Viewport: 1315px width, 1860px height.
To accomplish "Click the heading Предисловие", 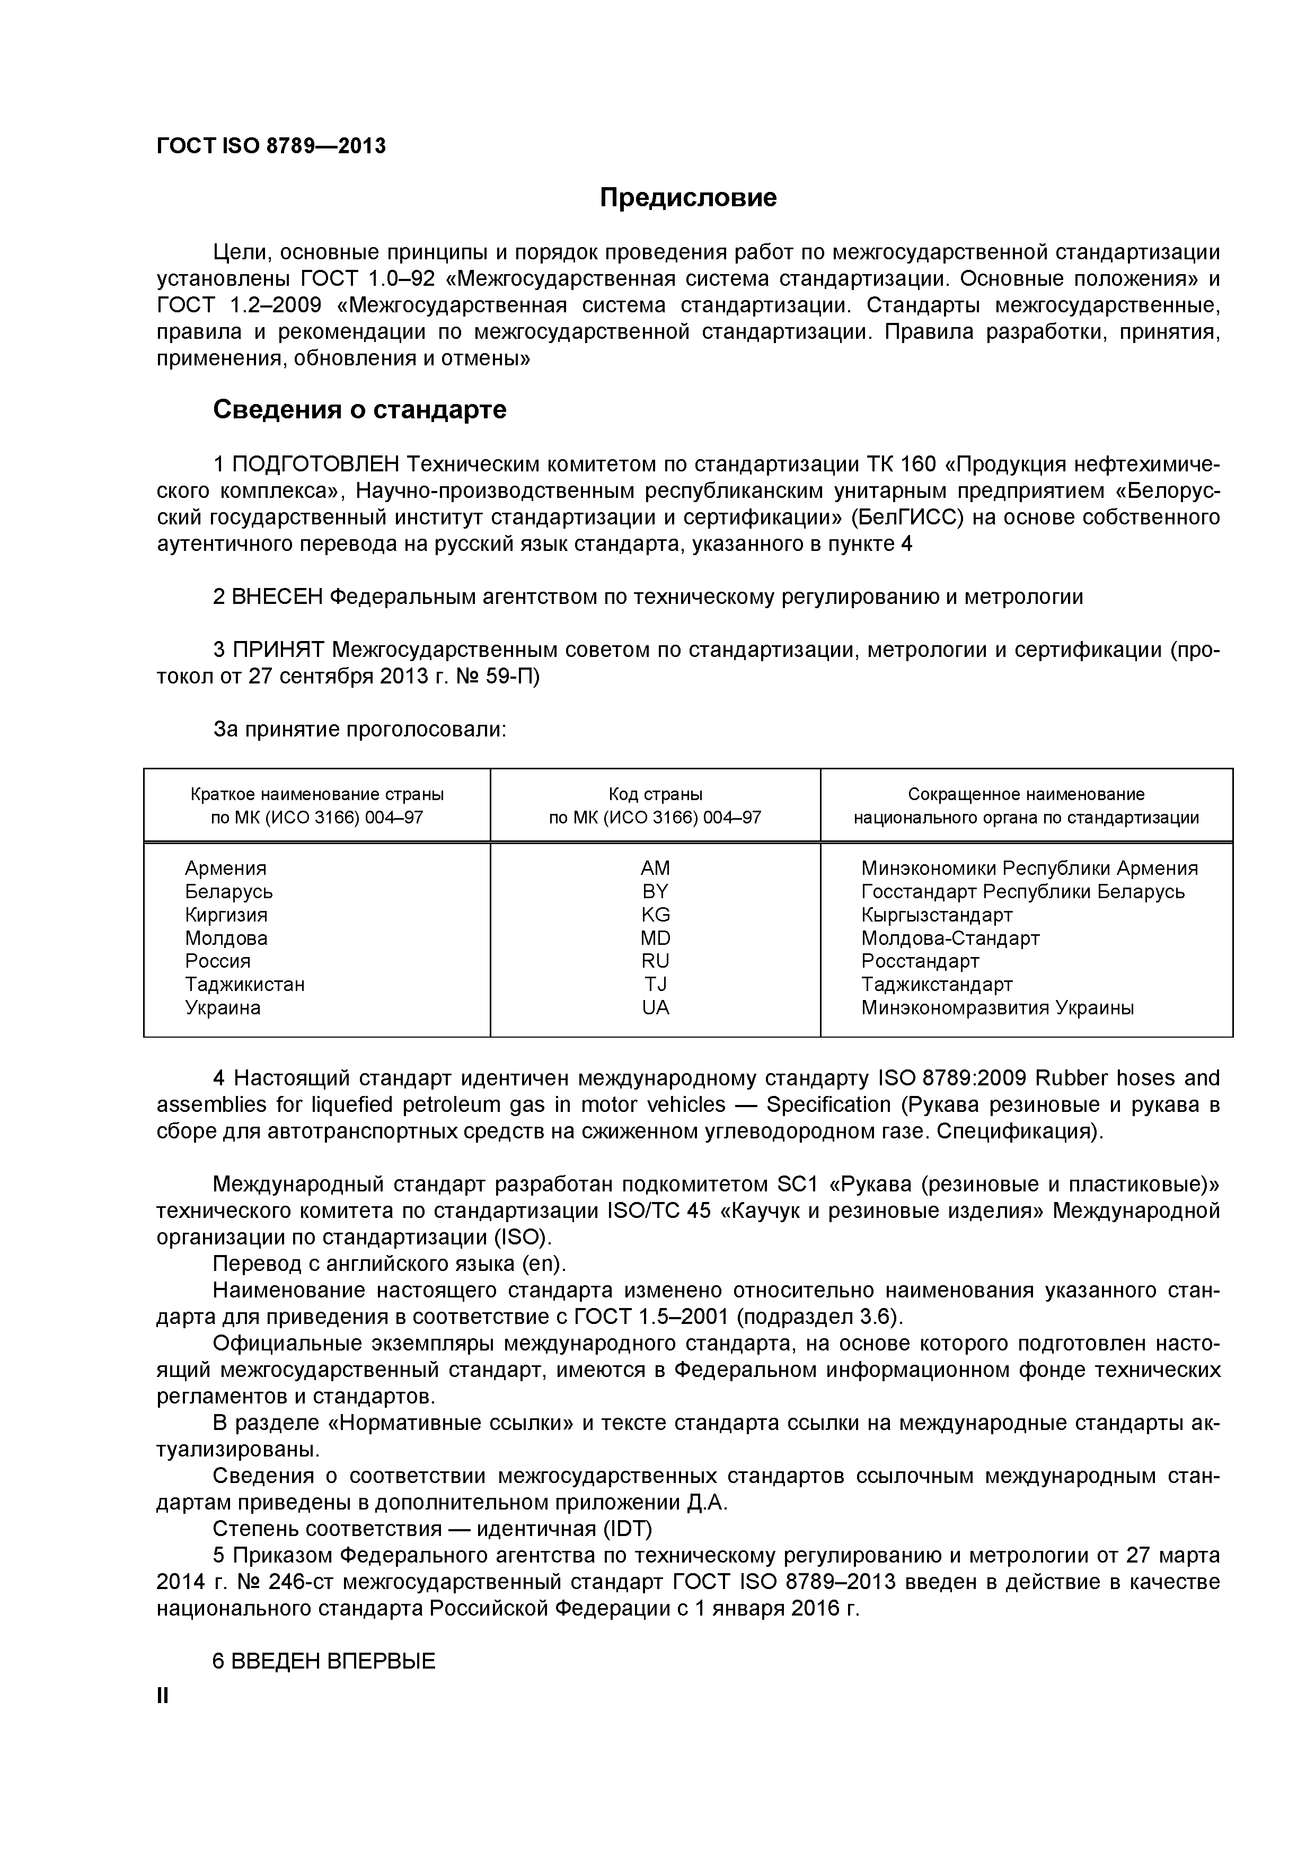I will pos(689,198).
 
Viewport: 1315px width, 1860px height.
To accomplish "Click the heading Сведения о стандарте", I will pos(359,410).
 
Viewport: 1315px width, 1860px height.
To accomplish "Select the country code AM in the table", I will pos(655,868).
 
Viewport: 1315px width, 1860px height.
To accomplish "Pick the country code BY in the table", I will pos(655,892).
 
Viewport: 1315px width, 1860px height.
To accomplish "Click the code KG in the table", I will pos(655,915).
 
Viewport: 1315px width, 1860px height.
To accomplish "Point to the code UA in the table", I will pos(655,1008).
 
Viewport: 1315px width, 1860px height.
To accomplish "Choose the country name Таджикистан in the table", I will pos(244,984).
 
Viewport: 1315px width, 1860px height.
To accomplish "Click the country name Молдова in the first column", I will pos(226,938).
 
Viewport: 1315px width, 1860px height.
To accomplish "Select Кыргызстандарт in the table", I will pos(937,915).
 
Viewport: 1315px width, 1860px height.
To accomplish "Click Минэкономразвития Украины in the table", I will pos(998,1008).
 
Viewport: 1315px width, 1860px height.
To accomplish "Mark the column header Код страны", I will pos(655,795).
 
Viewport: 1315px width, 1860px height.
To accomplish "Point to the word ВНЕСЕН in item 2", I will pos(277,597).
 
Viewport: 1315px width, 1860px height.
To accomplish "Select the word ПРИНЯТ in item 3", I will pos(279,650).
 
